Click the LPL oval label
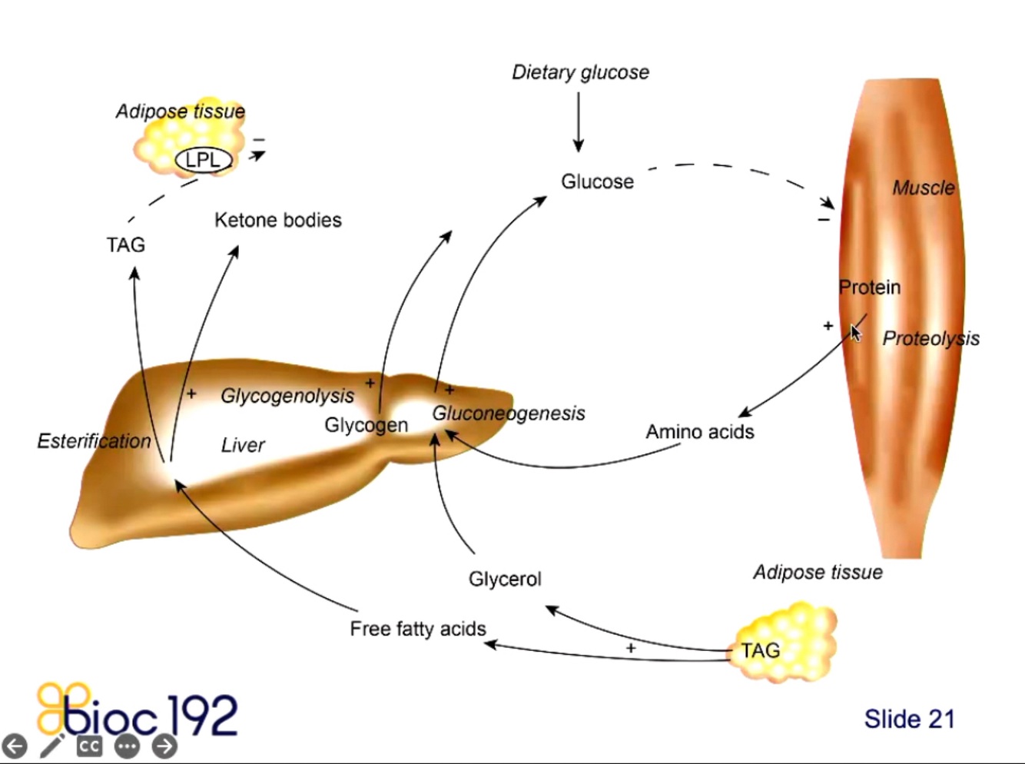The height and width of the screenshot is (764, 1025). (204, 160)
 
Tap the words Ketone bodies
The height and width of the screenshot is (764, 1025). (278, 221)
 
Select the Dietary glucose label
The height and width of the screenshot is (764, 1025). (580, 72)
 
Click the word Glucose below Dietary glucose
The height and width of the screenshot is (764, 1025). (597, 182)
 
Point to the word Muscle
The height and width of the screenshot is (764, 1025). (923, 188)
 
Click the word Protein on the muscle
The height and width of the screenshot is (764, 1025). (869, 287)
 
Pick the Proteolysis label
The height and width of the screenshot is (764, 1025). (930, 338)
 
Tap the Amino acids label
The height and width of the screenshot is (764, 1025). (699, 432)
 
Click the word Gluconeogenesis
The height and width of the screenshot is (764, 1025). (509, 414)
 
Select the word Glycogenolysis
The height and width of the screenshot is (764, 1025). (287, 396)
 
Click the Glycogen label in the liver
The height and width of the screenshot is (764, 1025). (366, 425)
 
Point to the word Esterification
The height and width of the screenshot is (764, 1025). (94, 441)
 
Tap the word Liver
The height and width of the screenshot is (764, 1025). (243, 445)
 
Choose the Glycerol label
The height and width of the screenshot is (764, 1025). (505, 579)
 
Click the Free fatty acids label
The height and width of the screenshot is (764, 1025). (418, 629)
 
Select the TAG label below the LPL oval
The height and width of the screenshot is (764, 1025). (126, 245)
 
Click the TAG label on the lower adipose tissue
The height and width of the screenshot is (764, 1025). (761, 651)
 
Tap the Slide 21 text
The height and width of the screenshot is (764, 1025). (909, 719)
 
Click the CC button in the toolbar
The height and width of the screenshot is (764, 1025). (89, 746)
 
